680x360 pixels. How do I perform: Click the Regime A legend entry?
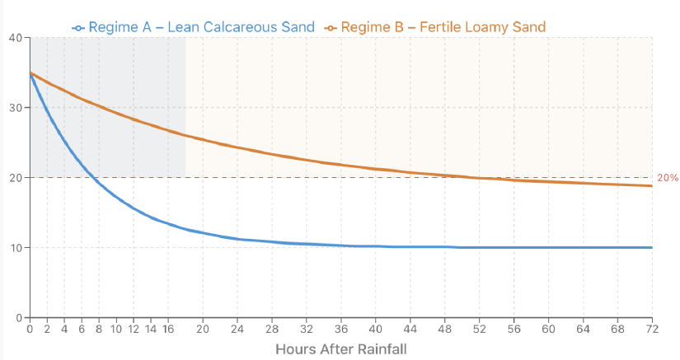coord(194,27)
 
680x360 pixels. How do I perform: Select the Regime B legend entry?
coord(434,27)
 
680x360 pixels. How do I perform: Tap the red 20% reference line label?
coord(668,178)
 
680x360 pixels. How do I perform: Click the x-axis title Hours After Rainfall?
coord(341,348)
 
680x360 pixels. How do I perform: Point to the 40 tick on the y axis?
coord(16,38)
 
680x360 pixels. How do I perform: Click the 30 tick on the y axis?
coord(16,108)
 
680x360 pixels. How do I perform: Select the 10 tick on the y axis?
coord(16,248)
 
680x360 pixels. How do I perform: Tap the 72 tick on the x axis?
coord(652,329)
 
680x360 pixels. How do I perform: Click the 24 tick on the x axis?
coord(237,329)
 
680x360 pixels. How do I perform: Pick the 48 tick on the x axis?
coord(445,329)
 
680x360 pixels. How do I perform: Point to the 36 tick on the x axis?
coord(341,329)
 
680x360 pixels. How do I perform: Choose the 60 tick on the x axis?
coord(548,329)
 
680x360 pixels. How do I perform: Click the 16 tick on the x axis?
coord(168,329)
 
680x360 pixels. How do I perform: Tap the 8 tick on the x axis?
coord(99,329)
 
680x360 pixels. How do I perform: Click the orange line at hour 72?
coord(652,186)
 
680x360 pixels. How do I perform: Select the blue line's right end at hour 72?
coord(652,247)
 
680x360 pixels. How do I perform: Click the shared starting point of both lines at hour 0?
coord(30,73)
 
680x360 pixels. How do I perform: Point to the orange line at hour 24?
coord(237,147)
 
